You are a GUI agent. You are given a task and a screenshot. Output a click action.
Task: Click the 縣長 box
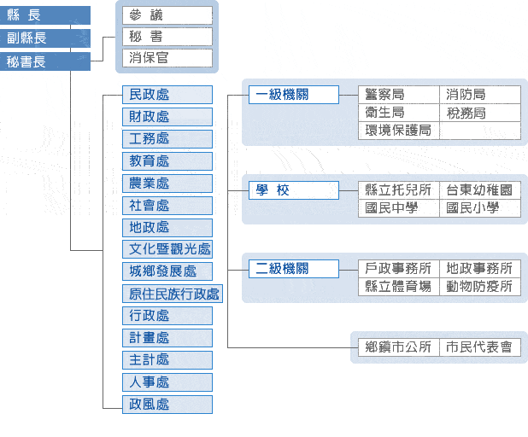pyautogui.click(x=44, y=15)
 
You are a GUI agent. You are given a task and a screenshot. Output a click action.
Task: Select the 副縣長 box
pyautogui.click(x=44, y=38)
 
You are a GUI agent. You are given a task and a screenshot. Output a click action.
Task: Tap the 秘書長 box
pyautogui.click(x=44, y=61)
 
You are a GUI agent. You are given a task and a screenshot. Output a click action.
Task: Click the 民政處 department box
pyautogui.click(x=167, y=95)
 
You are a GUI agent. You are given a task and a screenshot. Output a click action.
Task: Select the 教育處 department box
pyautogui.click(x=167, y=161)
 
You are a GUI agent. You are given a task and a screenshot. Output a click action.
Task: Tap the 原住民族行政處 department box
pyautogui.click(x=173, y=294)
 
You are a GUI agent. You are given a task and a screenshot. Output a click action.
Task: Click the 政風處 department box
pyautogui.click(x=167, y=405)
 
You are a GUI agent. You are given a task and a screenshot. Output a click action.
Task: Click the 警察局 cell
pyautogui.click(x=398, y=95)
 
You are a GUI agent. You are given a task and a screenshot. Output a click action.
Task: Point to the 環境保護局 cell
pyautogui.click(x=398, y=131)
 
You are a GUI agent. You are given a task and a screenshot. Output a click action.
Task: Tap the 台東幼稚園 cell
pyautogui.click(x=480, y=190)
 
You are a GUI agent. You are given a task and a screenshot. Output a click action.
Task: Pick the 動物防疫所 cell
pyautogui.click(x=480, y=287)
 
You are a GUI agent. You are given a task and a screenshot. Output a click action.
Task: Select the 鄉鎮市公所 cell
pyautogui.click(x=398, y=347)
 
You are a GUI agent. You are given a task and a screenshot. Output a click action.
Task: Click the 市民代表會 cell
pyautogui.click(x=480, y=347)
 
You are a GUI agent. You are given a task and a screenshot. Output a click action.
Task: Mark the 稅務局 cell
pyautogui.click(x=480, y=113)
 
